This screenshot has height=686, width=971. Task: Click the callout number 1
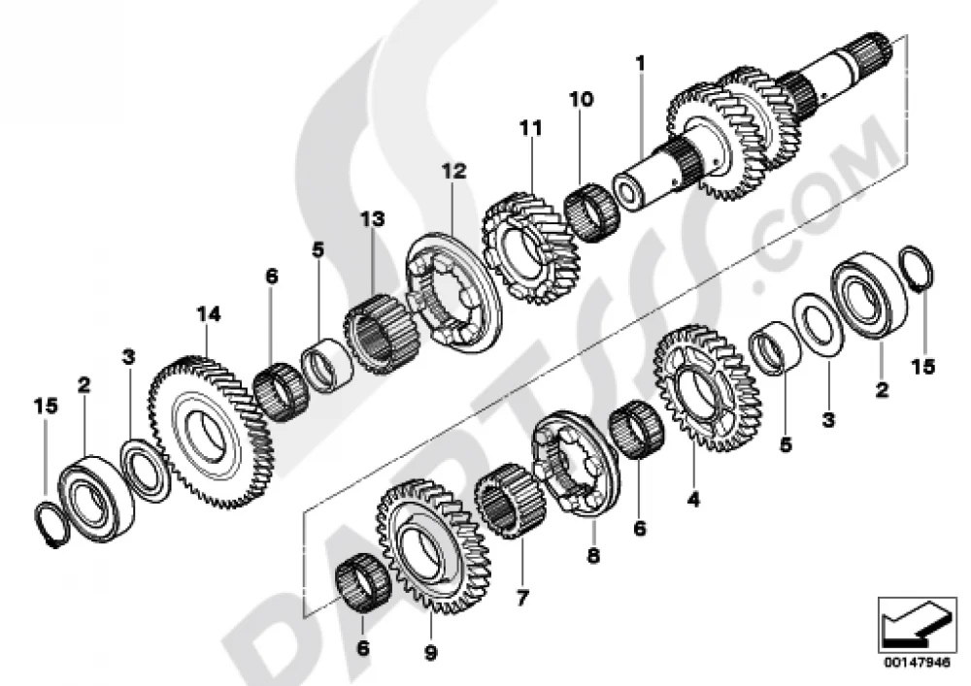coord(640,63)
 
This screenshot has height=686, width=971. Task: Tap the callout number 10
coord(582,99)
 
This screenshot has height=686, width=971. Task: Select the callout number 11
coord(531,128)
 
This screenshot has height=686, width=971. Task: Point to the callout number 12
coord(453,171)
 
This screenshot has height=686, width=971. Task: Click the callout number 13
coord(374,219)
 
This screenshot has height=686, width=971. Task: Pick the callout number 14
coord(209,314)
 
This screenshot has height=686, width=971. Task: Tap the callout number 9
coord(430,653)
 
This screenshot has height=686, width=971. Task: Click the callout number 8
coord(593,557)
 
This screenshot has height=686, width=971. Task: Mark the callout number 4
coord(693,499)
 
